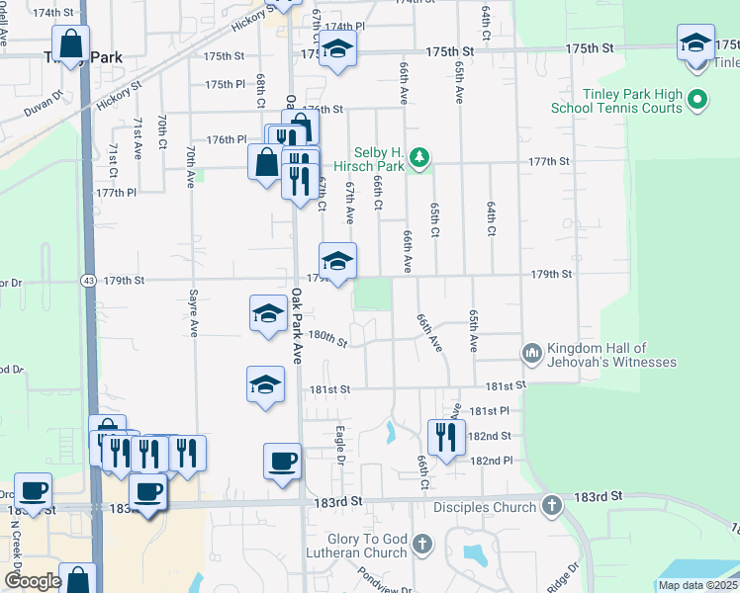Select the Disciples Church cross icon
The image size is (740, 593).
tap(552, 507)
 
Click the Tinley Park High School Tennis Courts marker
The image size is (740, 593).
tap(697, 101)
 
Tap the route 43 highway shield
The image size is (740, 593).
tap(88, 280)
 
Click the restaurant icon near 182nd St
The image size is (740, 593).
tap(445, 435)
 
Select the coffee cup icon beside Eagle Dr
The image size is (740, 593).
tap(282, 460)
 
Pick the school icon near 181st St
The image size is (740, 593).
tap(265, 382)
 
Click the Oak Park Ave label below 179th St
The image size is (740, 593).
tap(296, 326)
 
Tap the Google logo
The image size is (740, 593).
tap(33, 581)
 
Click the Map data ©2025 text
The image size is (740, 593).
tap(697, 585)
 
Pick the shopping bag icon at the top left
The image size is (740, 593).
tap(72, 43)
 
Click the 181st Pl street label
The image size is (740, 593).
tap(489, 410)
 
